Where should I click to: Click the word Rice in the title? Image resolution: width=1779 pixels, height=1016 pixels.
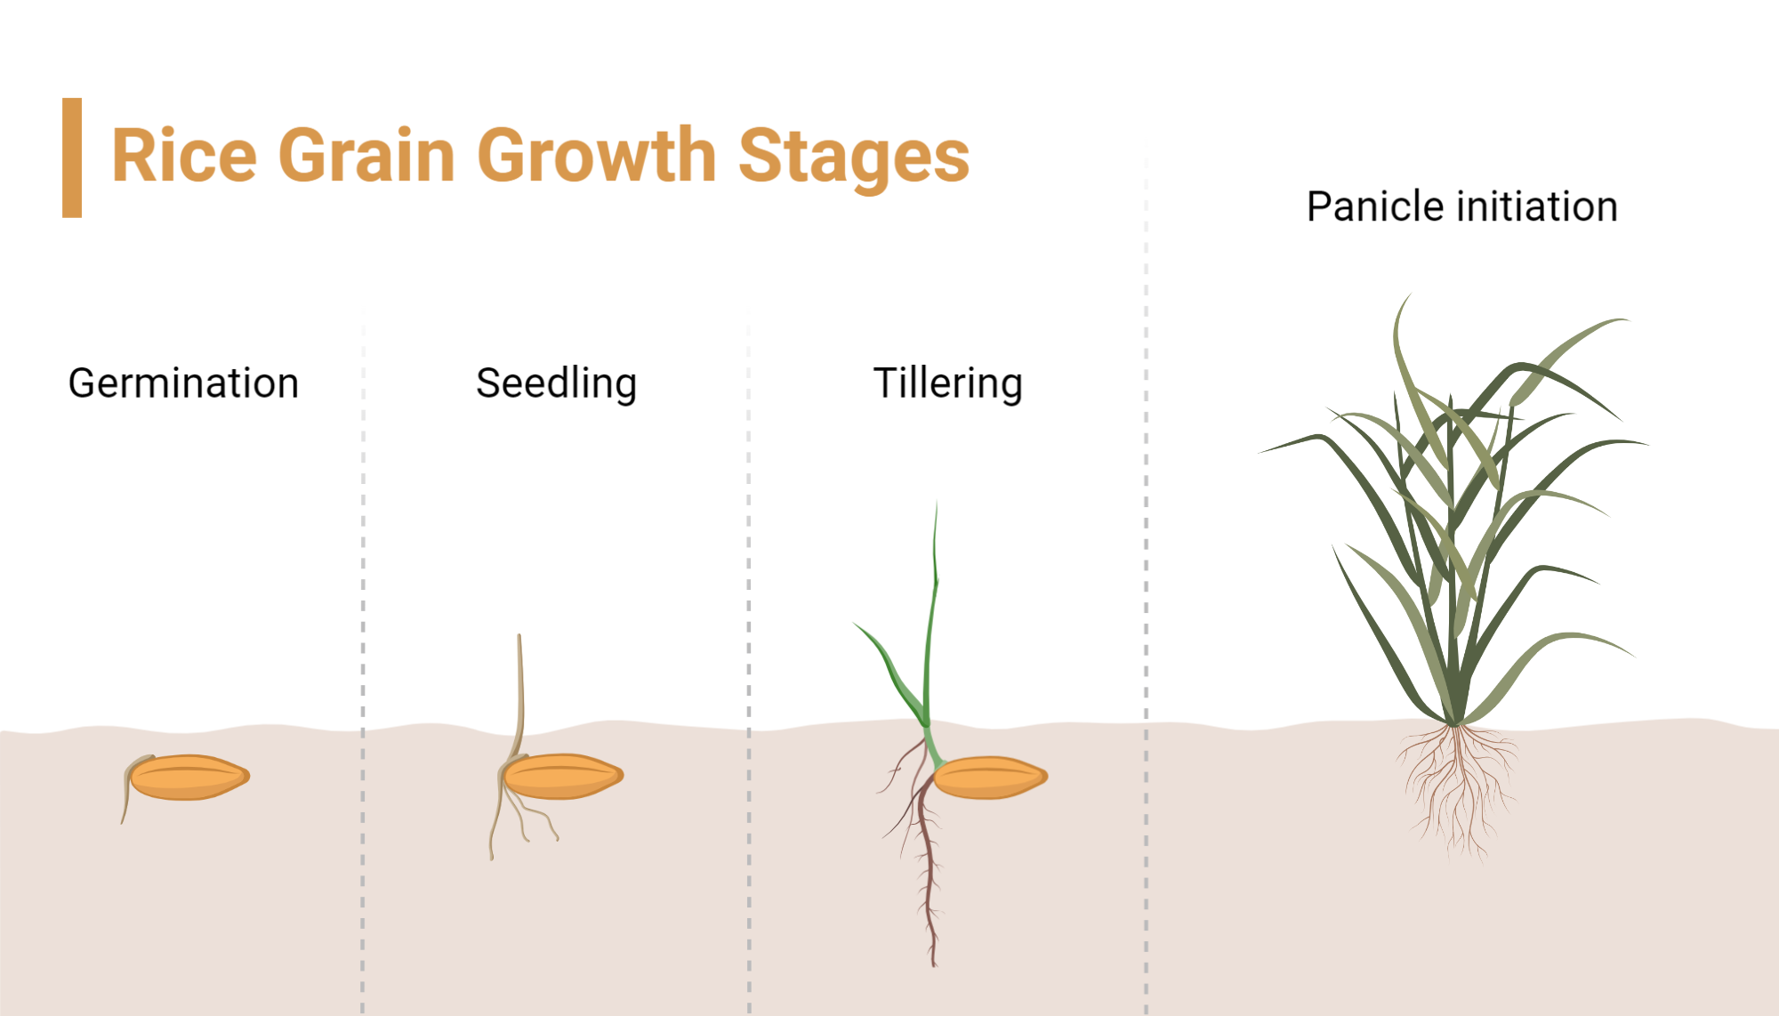pos(184,156)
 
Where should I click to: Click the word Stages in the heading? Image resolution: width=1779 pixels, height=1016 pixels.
pos(853,157)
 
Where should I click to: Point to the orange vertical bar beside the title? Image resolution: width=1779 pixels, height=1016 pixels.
pos(72,157)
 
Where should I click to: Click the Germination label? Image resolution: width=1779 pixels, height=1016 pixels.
pos(183,383)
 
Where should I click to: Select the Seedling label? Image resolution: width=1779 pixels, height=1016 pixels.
pos(556,383)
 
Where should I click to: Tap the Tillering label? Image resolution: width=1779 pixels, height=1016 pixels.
pos(947,383)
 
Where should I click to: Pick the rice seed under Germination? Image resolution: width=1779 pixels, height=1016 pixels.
pos(189,778)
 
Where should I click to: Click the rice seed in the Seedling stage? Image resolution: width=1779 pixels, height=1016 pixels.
pos(562,777)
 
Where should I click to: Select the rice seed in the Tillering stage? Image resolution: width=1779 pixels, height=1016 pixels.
pos(989,778)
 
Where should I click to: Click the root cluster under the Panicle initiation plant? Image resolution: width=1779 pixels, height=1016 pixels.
pos(1457,783)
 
